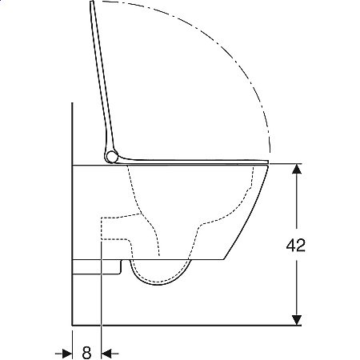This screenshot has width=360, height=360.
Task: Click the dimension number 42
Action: pos(295,246)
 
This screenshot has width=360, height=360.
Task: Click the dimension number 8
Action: pos(86,353)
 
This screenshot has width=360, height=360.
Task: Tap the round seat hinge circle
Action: pos(111,157)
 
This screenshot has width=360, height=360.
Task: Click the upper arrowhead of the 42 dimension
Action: pos(297,169)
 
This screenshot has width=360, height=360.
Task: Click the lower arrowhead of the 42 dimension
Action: pos(297,320)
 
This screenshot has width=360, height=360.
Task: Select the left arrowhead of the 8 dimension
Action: pos(67,354)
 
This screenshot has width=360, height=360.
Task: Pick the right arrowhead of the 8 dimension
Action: pos(106,354)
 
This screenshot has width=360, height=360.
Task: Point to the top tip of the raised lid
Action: pos(92,2)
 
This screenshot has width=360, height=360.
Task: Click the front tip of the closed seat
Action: pos(267,162)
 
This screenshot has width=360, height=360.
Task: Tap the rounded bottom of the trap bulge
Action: pos(158,284)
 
